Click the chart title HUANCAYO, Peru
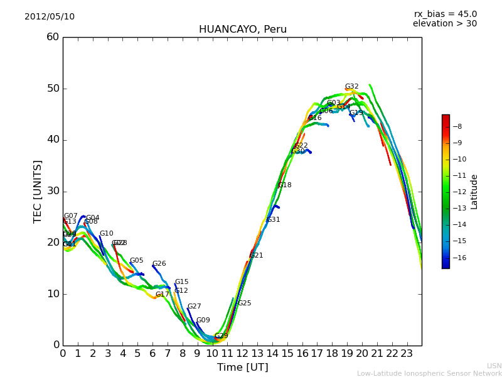242,30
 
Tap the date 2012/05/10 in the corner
50,16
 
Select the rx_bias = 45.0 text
445,14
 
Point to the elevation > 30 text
444,24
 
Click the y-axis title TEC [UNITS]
38,191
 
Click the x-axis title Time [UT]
242,368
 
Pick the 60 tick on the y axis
53,37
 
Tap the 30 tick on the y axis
53,191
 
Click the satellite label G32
352,87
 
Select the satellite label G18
285,185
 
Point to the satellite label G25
244,303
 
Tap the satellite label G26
159,264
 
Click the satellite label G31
274,220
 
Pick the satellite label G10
107,234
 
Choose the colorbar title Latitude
474,192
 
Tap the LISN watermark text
494,366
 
